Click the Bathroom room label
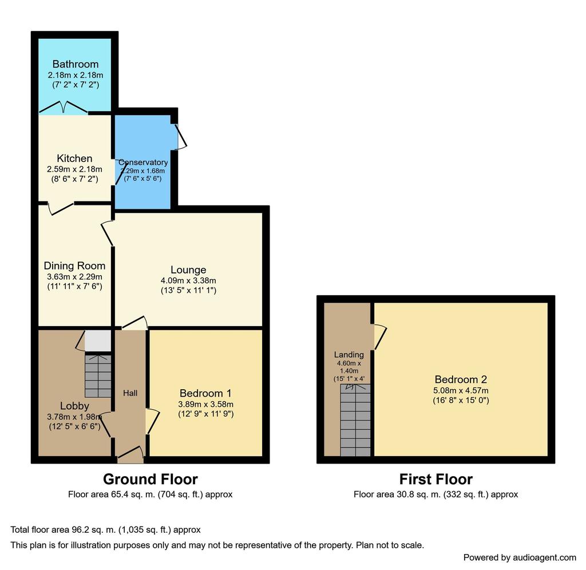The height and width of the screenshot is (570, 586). (75, 64)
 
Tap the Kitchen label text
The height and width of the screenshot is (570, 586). (74, 158)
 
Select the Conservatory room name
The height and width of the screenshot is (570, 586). (143, 162)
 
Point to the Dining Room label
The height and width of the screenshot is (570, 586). (74, 266)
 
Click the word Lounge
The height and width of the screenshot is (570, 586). (188, 270)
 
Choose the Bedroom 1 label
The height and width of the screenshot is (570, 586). (205, 393)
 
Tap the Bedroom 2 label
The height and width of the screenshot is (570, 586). (461, 379)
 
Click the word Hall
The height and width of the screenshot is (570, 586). (130, 393)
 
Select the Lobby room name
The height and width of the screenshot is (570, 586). (75, 406)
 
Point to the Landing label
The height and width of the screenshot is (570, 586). (349, 355)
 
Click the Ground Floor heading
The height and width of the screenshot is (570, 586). (151, 479)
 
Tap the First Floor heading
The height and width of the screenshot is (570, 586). (435, 479)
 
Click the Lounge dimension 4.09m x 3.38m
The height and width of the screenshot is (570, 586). (188, 280)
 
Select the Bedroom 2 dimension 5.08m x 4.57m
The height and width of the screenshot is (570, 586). (461, 391)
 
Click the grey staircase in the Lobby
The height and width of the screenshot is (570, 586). (98, 375)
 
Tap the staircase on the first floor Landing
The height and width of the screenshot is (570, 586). (355, 420)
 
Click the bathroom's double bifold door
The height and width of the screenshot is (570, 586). (64, 107)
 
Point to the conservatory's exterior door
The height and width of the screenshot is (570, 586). (181, 137)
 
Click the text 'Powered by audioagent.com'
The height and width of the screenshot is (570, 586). (520, 557)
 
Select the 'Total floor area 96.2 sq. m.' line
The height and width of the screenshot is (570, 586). (105, 529)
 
